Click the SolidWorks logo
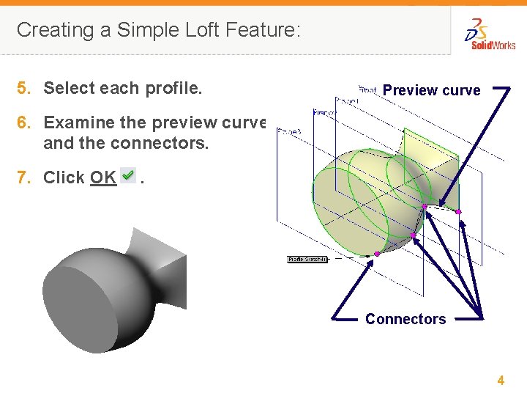coord(490,35)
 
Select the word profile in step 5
coord(173,89)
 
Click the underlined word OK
coord(103,177)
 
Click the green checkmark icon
coord(128,176)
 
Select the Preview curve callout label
coord(431,91)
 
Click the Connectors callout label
coord(405,319)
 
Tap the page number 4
coord(501,380)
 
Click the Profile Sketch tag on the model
coord(307,259)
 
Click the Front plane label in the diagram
coord(367,89)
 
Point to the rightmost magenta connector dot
coord(458,212)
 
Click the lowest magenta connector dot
coord(377,254)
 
